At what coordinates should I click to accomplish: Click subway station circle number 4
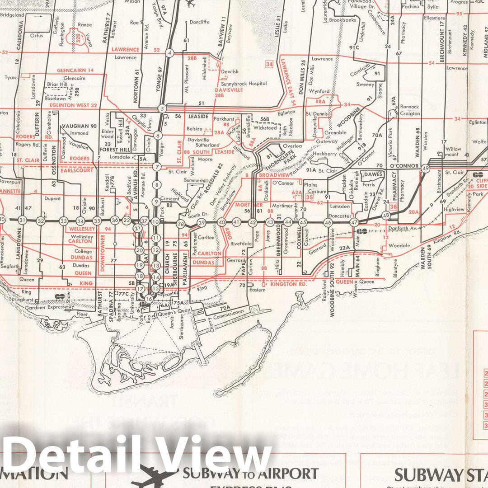click(169, 53)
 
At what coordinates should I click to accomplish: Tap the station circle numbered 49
click(425, 169)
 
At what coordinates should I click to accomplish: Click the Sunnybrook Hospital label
click(244, 84)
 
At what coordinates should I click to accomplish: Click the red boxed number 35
click(310, 197)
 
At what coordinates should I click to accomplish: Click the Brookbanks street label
click(343, 20)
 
